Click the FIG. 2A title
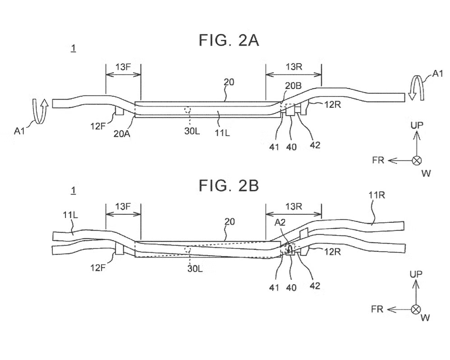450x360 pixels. pyautogui.click(x=229, y=40)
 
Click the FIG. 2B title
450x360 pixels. pyautogui.click(x=229, y=185)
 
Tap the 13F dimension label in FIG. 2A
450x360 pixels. pyautogui.click(x=123, y=67)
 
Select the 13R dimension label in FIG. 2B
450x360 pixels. pyautogui.click(x=294, y=206)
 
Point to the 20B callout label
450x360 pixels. pyautogui.click(x=293, y=85)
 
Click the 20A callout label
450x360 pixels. pyautogui.click(x=122, y=134)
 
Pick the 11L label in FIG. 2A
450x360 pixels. pyautogui.click(x=223, y=133)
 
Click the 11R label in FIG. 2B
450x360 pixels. pyautogui.click(x=376, y=195)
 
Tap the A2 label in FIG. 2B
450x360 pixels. pyautogui.click(x=280, y=222)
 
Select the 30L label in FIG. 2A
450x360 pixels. pyautogui.click(x=192, y=131)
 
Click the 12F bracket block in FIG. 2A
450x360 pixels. pyautogui.click(x=120, y=111)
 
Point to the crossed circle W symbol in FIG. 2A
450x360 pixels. pyautogui.click(x=417, y=160)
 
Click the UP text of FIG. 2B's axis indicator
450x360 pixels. pyautogui.click(x=416, y=274)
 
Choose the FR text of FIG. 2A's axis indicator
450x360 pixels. pyautogui.click(x=378, y=160)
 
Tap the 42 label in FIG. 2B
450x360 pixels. pyautogui.click(x=315, y=286)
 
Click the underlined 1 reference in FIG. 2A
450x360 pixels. pyautogui.click(x=74, y=48)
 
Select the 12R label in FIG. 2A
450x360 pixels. pyautogui.click(x=333, y=105)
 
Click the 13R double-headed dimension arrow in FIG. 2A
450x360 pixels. pyautogui.click(x=293, y=75)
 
